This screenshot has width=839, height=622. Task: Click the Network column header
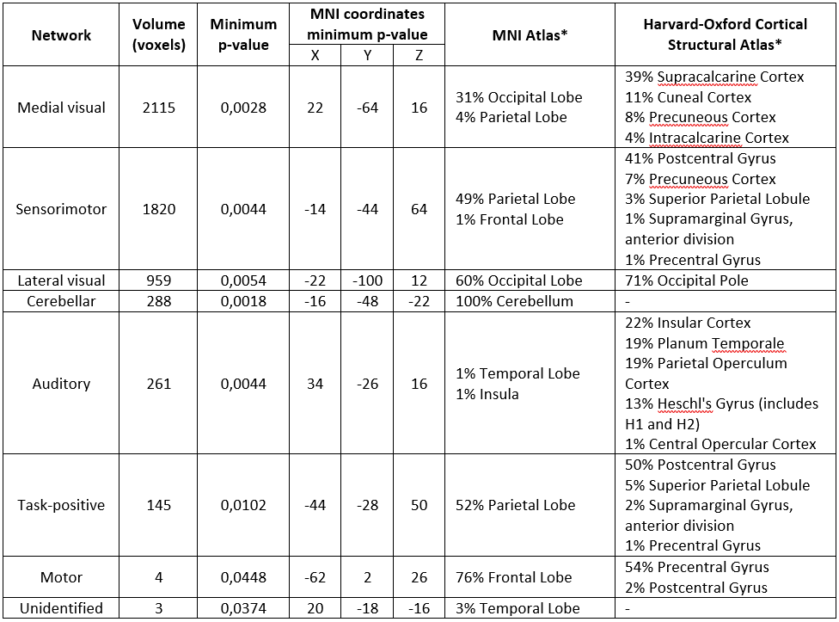click(x=61, y=35)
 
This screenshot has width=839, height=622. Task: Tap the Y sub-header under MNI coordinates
click(x=367, y=54)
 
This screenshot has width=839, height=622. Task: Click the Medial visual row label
click(x=62, y=108)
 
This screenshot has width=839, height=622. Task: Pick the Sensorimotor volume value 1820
click(x=159, y=209)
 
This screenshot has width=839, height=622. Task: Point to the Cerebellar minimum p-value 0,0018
click(x=243, y=301)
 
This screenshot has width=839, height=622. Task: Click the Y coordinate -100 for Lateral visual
click(x=367, y=280)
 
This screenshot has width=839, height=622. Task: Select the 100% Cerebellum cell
click(x=514, y=301)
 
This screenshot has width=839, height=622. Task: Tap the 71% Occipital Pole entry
click(x=687, y=280)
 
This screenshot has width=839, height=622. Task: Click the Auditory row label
click(x=62, y=384)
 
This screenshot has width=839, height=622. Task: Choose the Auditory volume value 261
click(x=159, y=384)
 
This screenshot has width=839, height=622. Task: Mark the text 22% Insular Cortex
click(x=688, y=323)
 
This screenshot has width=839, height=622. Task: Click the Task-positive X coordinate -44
click(x=315, y=505)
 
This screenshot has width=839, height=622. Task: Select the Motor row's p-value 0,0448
click(x=243, y=577)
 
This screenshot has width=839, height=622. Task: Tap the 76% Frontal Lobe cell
click(x=514, y=577)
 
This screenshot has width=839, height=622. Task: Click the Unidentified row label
click(x=62, y=608)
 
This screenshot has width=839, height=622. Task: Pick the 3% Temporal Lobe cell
click(x=517, y=608)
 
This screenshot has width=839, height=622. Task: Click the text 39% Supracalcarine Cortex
click(x=714, y=77)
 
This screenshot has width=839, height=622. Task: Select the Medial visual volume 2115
click(x=159, y=108)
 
